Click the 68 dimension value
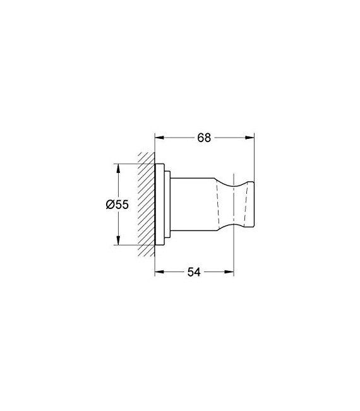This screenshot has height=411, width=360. click(x=203, y=138)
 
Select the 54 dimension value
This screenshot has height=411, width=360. click(x=193, y=272)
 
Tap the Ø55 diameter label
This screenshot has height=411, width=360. click(x=117, y=205)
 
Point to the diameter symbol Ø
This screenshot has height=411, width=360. click(x=110, y=205)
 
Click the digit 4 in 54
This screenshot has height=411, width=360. click(x=198, y=272)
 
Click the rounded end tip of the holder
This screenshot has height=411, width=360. click(x=251, y=205)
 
